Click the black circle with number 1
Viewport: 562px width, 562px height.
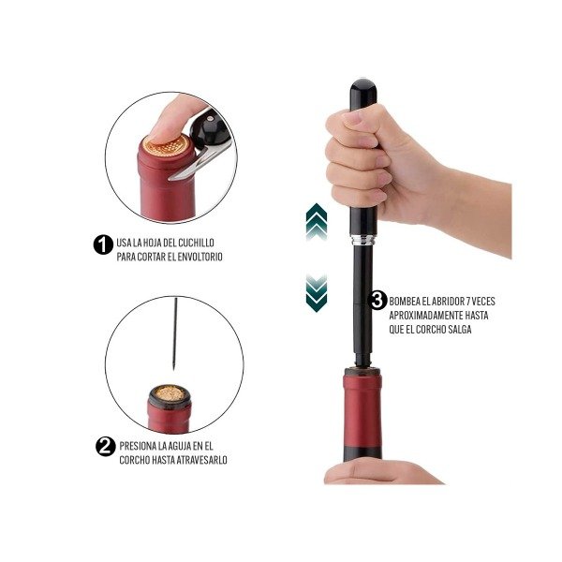[x=103, y=244]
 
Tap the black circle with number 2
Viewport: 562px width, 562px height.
[x=105, y=447]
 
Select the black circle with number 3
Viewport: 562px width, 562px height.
[x=377, y=301]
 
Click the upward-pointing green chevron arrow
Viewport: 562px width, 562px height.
[x=317, y=221]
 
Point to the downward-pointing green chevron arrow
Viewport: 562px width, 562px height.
[x=317, y=293]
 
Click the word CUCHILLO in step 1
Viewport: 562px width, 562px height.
[x=197, y=243]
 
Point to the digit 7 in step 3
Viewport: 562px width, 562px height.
[x=466, y=301]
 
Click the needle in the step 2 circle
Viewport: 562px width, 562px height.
[x=175, y=333]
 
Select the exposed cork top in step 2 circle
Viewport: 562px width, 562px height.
[x=170, y=393]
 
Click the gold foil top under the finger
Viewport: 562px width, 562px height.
[x=167, y=146]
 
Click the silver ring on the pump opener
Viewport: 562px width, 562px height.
[x=363, y=240]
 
